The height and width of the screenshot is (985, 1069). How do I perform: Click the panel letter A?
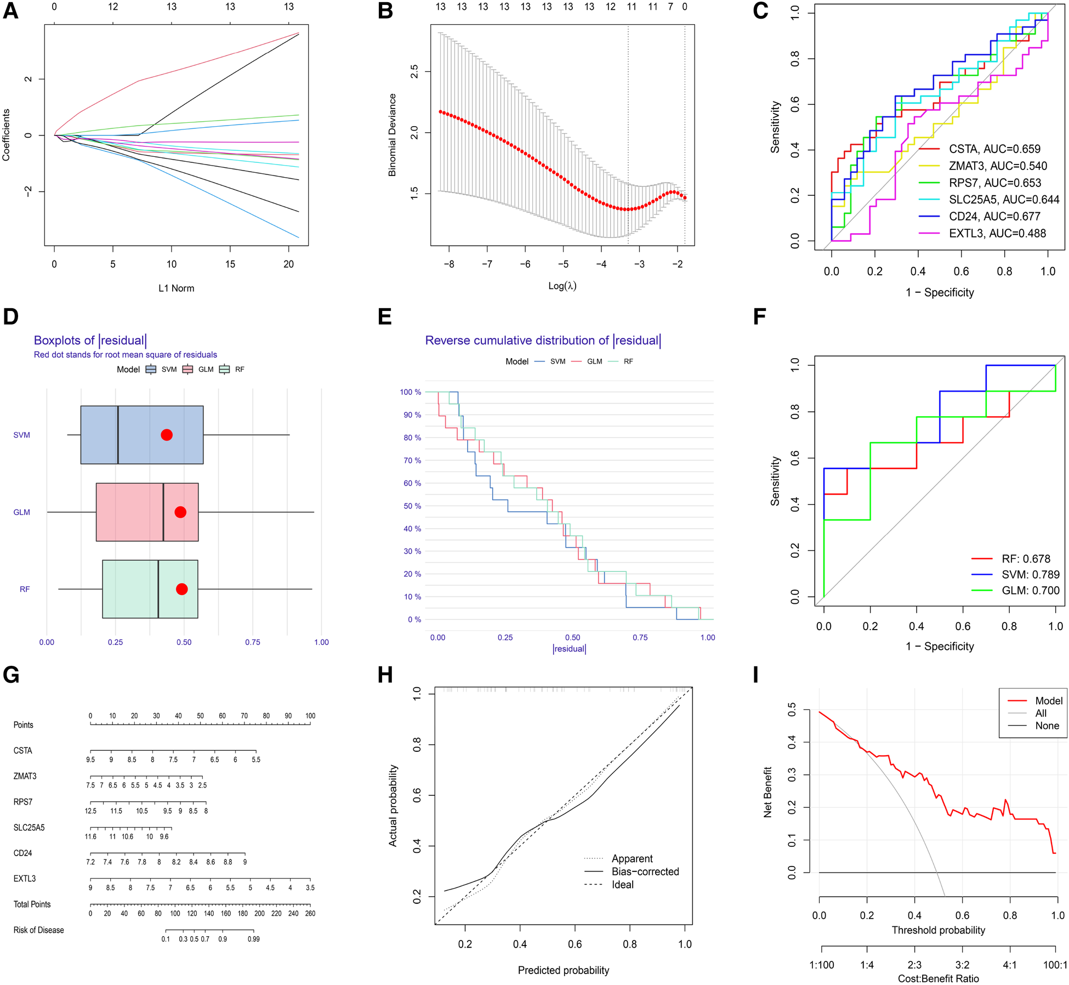coord(10,11)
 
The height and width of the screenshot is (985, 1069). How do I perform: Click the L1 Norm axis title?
coord(176,288)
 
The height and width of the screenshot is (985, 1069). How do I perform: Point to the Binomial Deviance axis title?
coord(392,135)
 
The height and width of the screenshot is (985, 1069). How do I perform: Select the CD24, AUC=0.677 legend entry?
coord(994,217)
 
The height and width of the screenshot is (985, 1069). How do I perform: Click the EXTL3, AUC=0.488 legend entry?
coord(997,234)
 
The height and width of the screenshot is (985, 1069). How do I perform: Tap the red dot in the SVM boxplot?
coord(167,435)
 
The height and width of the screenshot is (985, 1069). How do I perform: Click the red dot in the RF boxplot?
coord(182,589)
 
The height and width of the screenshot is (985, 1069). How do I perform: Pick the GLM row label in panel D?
coord(22,512)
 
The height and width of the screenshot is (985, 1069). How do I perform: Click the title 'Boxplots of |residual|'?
coord(90,341)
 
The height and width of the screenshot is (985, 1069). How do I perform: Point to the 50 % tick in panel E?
coord(412,506)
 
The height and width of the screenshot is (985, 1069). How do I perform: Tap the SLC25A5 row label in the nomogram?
coord(29,828)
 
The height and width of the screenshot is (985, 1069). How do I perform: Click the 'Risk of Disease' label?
coord(38,930)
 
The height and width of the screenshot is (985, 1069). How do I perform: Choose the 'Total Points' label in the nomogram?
coord(32,904)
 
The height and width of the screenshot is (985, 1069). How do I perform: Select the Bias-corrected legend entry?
coord(645,871)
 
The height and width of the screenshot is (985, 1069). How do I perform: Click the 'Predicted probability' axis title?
coord(563,970)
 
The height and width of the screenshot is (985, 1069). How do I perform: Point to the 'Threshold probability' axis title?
coord(938,930)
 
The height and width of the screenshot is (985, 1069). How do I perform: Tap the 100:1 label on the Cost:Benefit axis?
coord(1055,965)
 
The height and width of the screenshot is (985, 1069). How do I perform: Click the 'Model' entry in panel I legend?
coord(1048,701)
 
